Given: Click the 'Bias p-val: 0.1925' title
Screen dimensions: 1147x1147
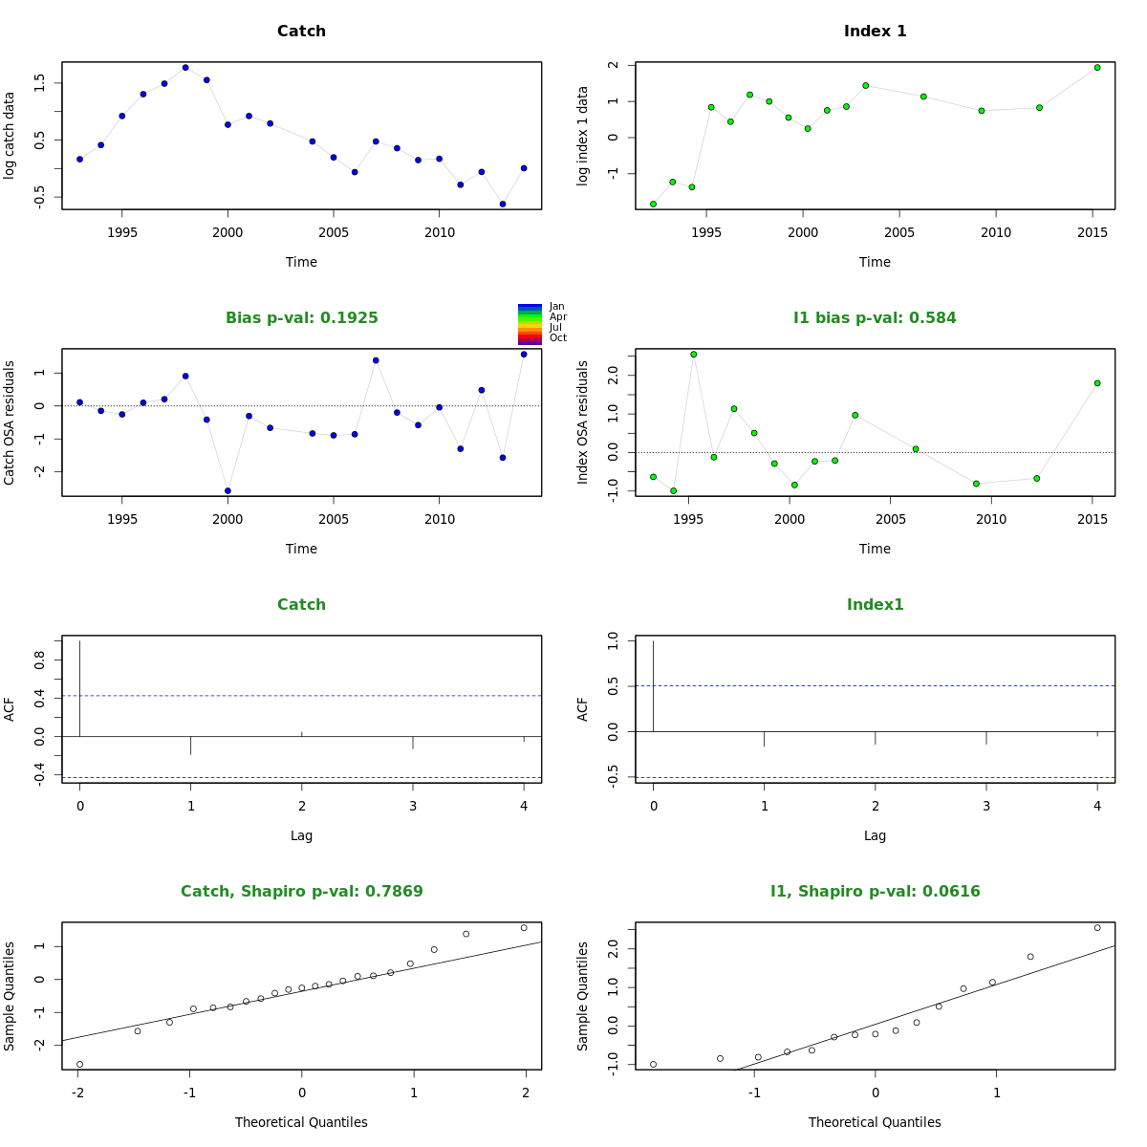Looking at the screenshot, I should [x=301, y=318].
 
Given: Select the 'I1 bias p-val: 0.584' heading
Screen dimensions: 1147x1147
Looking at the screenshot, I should [x=875, y=318].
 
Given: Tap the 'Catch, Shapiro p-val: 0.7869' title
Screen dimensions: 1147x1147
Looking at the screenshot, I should [x=301, y=892].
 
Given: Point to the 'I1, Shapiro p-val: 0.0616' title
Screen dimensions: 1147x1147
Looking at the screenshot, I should [x=875, y=892].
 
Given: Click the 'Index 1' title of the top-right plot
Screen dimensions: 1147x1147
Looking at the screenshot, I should [x=875, y=32].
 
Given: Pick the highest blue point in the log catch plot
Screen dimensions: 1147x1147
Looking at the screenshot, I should [x=185, y=68].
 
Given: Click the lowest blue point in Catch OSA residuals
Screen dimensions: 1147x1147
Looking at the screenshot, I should [x=227, y=490].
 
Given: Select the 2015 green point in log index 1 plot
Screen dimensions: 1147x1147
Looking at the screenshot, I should [x=1097, y=68].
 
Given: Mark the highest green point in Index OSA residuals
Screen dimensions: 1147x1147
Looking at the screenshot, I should [x=694, y=355].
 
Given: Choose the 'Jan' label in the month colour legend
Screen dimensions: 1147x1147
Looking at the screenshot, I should [x=557, y=307].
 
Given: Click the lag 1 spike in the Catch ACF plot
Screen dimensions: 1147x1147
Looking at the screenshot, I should [x=191, y=746].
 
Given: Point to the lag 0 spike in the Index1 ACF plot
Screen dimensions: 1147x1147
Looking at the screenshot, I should [x=653, y=685].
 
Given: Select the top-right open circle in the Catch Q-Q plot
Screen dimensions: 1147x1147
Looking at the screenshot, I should [x=524, y=927].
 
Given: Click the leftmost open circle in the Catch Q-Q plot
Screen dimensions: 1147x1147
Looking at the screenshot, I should [x=79, y=1064].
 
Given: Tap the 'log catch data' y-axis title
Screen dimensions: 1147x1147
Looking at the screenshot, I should [x=10, y=135].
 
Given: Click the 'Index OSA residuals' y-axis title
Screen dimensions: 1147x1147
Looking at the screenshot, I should [x=583, y=422].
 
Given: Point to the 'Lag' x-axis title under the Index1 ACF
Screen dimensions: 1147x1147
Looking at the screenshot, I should [x=875, y=835].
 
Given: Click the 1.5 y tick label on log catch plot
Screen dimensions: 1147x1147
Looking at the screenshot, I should [x=39, y=83].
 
